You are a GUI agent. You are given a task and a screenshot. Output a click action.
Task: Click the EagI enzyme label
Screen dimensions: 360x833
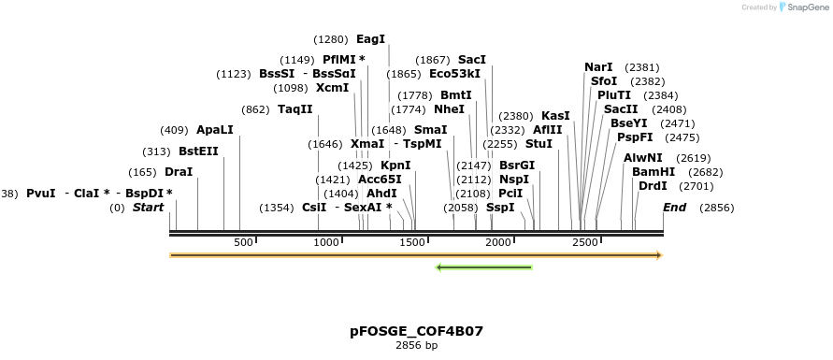(x=370, y=39)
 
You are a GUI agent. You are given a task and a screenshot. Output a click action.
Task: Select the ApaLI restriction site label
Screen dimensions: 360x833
(x=214, y=130)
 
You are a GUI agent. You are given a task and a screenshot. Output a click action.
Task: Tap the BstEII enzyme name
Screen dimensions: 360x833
(x=198, y=151)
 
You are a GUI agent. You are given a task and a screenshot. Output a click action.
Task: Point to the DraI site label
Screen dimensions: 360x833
(x=178, y=172)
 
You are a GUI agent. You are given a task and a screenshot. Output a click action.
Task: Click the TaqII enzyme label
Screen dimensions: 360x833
(x=294, y=108)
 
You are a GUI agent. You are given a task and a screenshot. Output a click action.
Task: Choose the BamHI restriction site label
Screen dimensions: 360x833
(x=653, y=172)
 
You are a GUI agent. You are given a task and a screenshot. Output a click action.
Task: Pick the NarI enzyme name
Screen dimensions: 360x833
(x=598, y=67)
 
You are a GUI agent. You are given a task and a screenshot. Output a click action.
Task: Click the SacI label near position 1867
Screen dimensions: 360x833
(x=472, y=60)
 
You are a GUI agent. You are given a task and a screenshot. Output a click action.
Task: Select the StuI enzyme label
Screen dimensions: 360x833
(x=539, y=144)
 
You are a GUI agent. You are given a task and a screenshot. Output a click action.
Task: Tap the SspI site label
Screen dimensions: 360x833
(x=500, y=208)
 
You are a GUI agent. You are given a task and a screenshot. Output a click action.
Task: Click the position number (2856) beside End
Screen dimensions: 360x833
(x=716, y=208)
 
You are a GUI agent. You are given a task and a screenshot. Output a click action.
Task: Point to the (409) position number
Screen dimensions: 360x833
(x=174, y=130)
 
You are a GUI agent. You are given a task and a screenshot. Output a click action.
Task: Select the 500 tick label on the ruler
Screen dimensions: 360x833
(x=243, y=243)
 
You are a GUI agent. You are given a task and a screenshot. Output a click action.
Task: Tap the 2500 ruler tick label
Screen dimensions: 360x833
(x=584, y=243)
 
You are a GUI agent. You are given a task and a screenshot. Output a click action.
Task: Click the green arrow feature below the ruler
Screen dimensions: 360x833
(x=484, y=267)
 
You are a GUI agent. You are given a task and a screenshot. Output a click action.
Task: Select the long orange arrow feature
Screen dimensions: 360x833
(x=416, y=254)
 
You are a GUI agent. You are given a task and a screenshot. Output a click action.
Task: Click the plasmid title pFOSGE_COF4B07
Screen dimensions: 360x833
(x=416, y=331)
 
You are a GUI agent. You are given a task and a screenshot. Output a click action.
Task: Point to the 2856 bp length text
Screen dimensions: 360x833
(x=416, y=346)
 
